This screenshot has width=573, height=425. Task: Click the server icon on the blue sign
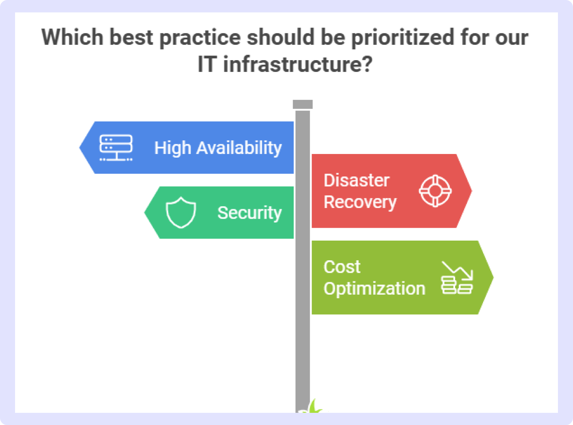coord(116,148)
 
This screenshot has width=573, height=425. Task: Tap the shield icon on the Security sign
coord(181,213)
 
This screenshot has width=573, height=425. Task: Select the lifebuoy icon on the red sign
coord(435,191)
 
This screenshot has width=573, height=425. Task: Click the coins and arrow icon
coord(457,278)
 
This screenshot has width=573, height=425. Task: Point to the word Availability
coord(239,148)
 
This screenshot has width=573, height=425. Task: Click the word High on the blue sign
coord(173,148)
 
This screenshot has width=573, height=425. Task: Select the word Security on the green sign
coord(250,213)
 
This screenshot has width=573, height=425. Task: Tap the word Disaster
coord(356,180)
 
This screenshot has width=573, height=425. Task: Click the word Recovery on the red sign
coord(360,202)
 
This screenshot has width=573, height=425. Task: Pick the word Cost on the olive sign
coord(342,267)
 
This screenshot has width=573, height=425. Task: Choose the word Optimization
coord(374,289)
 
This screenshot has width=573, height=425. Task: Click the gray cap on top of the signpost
coord(303,105)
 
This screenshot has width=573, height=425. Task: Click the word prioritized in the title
coord(403,38)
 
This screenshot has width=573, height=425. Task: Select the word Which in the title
coord(72,37)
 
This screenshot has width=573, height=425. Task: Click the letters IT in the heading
coord(206,64)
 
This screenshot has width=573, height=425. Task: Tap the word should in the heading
coord(280,37)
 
